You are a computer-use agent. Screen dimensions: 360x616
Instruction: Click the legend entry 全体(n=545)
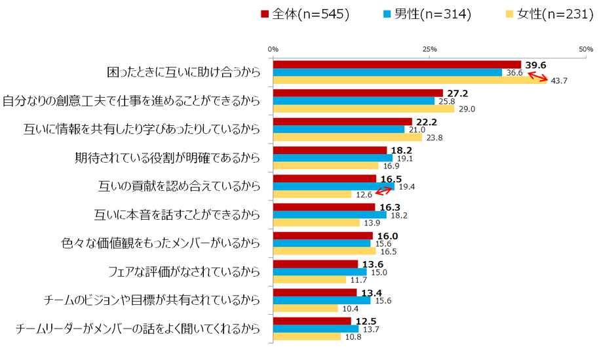[x=304, y=14]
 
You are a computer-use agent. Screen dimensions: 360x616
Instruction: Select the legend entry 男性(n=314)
[x=426, y=14]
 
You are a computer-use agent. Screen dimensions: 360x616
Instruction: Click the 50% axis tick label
[x=586, y=49]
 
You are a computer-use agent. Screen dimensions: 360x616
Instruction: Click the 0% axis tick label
[x=273, y=49]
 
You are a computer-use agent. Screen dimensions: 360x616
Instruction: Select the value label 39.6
[x=535, y=64]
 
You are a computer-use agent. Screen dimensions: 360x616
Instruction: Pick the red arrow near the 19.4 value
[x=384, y=191]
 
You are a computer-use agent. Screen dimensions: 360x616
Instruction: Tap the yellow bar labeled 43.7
[x=410, y=81]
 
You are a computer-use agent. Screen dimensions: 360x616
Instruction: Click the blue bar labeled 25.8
[x=354, y=101]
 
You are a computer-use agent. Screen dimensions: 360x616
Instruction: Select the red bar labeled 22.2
[x=342, y=122]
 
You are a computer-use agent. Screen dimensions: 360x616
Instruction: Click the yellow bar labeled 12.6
[x=313, y=194]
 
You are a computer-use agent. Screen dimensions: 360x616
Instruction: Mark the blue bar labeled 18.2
[x=330, y=214]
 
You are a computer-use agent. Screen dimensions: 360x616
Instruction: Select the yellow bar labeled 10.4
[x=305, y=308]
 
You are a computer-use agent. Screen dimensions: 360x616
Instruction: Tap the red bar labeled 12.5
[x=312, y=321]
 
